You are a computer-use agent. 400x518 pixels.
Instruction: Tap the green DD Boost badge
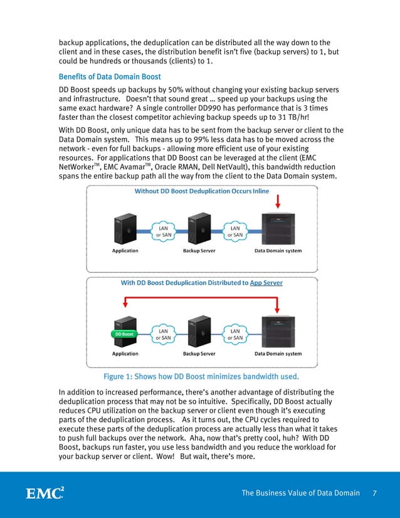point(124,334)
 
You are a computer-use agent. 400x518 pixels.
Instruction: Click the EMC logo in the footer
point(45,492)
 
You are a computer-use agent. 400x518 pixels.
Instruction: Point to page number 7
point(374,493)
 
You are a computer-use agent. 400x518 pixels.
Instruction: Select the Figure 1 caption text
point(201,377)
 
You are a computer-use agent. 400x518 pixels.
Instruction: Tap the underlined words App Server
point(266,283)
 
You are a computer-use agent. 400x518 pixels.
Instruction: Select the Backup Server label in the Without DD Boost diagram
point(199,251)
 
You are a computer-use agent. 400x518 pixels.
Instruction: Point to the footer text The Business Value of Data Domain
point(300,493)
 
